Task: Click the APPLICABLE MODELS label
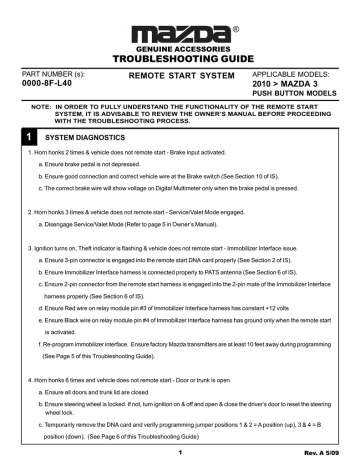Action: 285,75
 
